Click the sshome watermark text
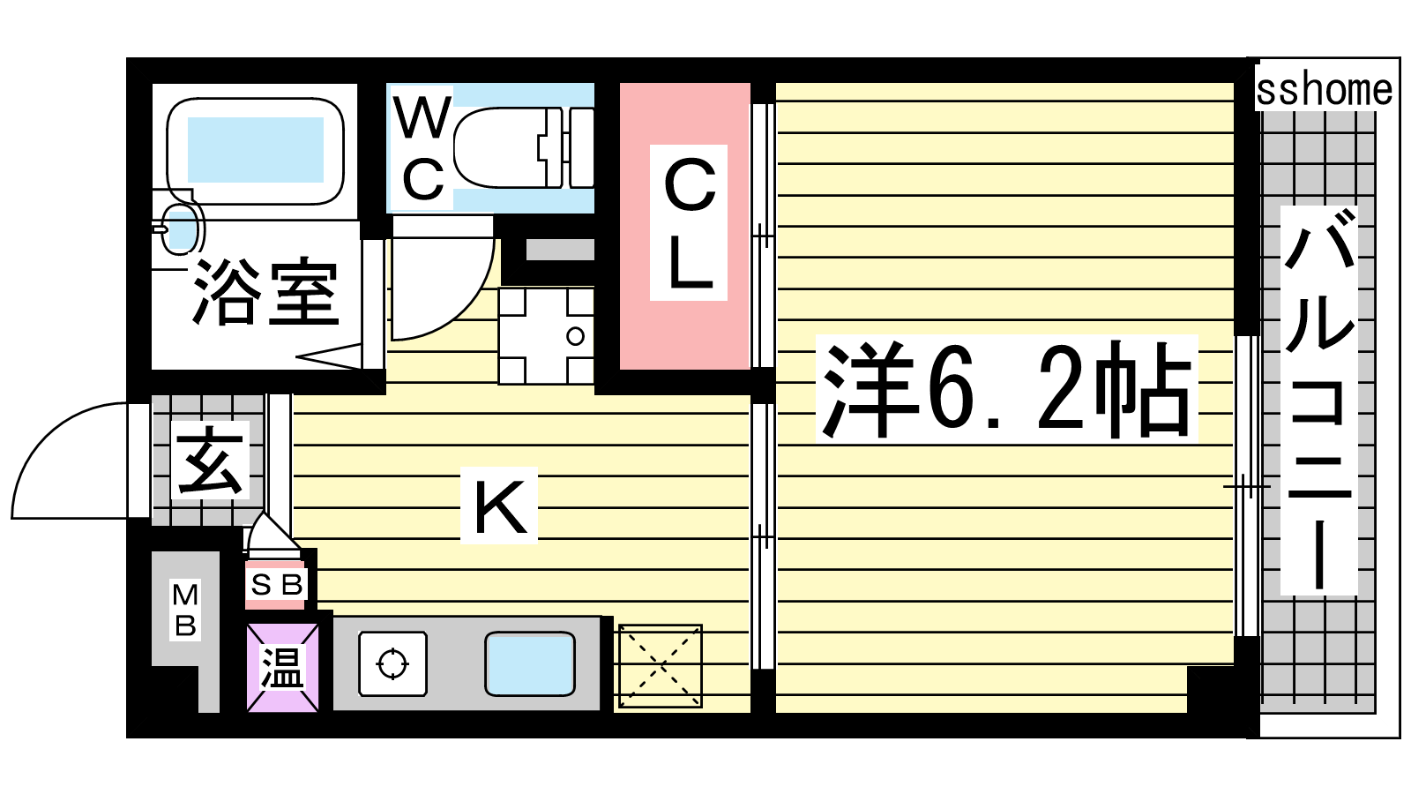point(1324,90)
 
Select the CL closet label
point(689,223)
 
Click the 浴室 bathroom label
point(265,291)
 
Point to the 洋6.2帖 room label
point(1006,389)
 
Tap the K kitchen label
point(499,506)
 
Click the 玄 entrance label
point(210,460)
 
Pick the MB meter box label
point(185,610)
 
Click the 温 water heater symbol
point(283,667)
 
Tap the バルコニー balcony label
point(1319,401)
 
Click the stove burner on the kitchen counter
point(392,663)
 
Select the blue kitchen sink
point(530,664)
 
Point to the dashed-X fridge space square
point(661,666)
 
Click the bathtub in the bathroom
point(255,151)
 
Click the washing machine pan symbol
point(546,336)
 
